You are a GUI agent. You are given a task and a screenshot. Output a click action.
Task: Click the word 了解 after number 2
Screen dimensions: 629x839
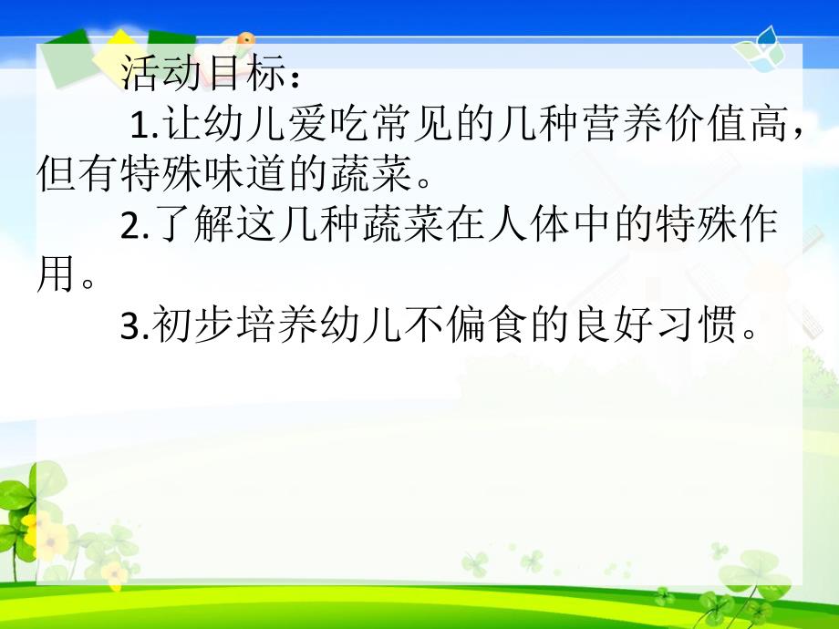point(189,225)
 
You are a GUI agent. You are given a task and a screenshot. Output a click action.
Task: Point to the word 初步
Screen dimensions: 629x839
point(189,326)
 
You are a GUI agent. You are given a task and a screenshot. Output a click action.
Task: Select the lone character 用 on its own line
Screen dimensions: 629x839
point(55,275)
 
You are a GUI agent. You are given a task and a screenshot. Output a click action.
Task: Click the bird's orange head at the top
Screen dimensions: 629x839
point(243,38)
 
